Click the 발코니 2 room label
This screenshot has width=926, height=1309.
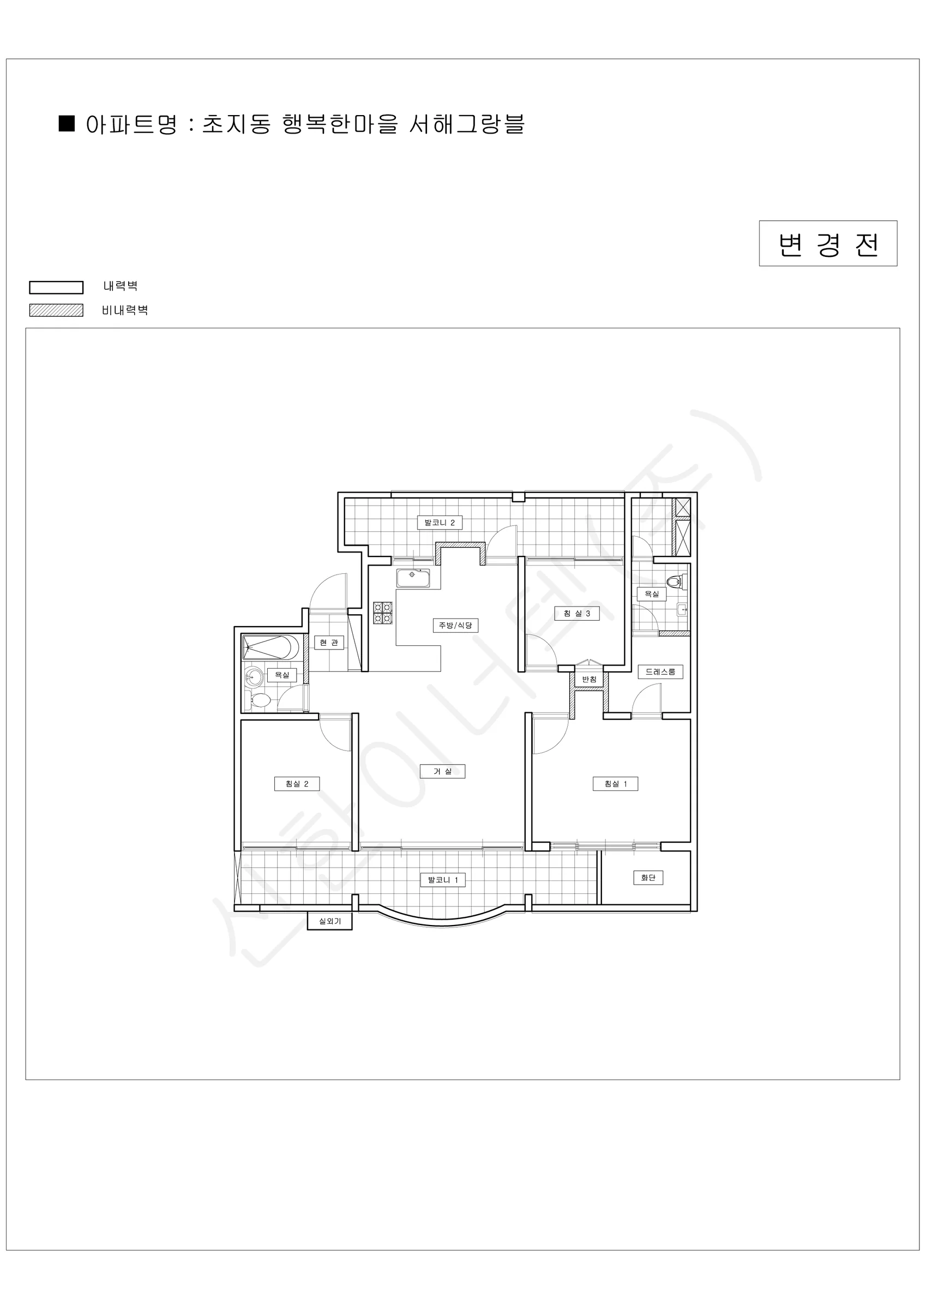[x=439, y=523]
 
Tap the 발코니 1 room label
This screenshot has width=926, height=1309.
[x=443, y=880]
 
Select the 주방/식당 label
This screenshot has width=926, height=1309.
[x=455, y=626]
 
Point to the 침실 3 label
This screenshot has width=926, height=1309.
[x=577, y=614]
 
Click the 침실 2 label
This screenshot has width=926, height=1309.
[x=297, y=784]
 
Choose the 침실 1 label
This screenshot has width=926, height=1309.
[x=616, y=784]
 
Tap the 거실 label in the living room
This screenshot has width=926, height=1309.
[x=442, y=771]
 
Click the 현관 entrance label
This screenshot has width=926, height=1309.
[x=329, y=643]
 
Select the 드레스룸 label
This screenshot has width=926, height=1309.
[x=660, y=671]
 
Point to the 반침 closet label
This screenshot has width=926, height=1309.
[x=589, y=679]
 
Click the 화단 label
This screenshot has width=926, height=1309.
[x=648, y=878]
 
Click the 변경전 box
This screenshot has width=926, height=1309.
[x=828, y=243]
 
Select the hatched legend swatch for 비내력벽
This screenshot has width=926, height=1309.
[x=57, y=310]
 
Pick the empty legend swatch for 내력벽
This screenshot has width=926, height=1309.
[x=57, y=287]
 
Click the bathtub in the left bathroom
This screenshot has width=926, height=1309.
[x=271, y=647]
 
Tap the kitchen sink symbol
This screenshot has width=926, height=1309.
[x=413, y=578]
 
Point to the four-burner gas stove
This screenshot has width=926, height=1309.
[x=383, y=613]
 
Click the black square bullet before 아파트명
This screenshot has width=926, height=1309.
[x=67, y=123]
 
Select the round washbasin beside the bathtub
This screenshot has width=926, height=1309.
[x=254, y=677]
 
